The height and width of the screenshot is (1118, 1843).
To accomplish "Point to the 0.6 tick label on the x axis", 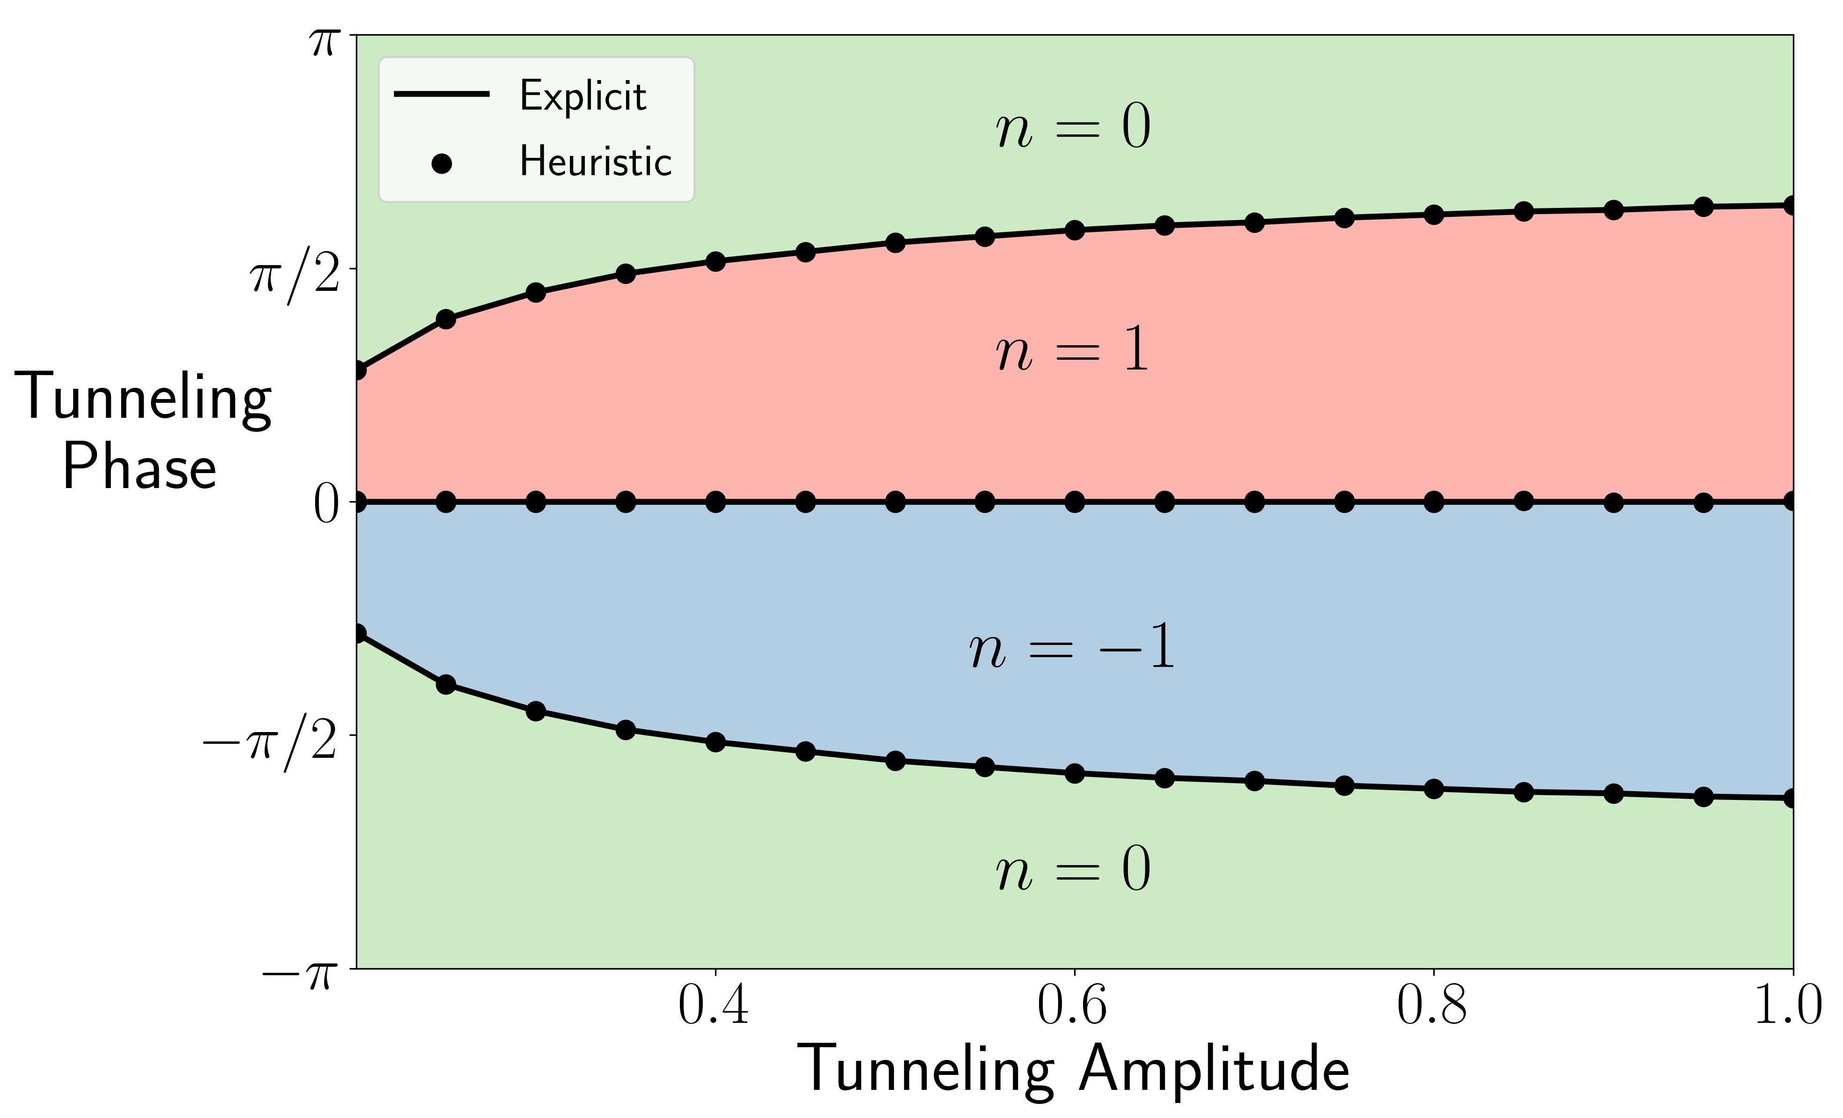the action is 1073,1005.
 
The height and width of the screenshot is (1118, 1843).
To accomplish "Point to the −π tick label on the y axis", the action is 297,974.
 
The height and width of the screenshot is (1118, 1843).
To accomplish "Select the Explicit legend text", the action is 582,96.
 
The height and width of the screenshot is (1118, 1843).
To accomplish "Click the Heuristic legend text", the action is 596,162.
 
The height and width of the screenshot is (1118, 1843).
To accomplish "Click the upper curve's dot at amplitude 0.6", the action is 1074,230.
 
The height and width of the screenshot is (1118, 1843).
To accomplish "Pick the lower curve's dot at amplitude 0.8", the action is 1433,789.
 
